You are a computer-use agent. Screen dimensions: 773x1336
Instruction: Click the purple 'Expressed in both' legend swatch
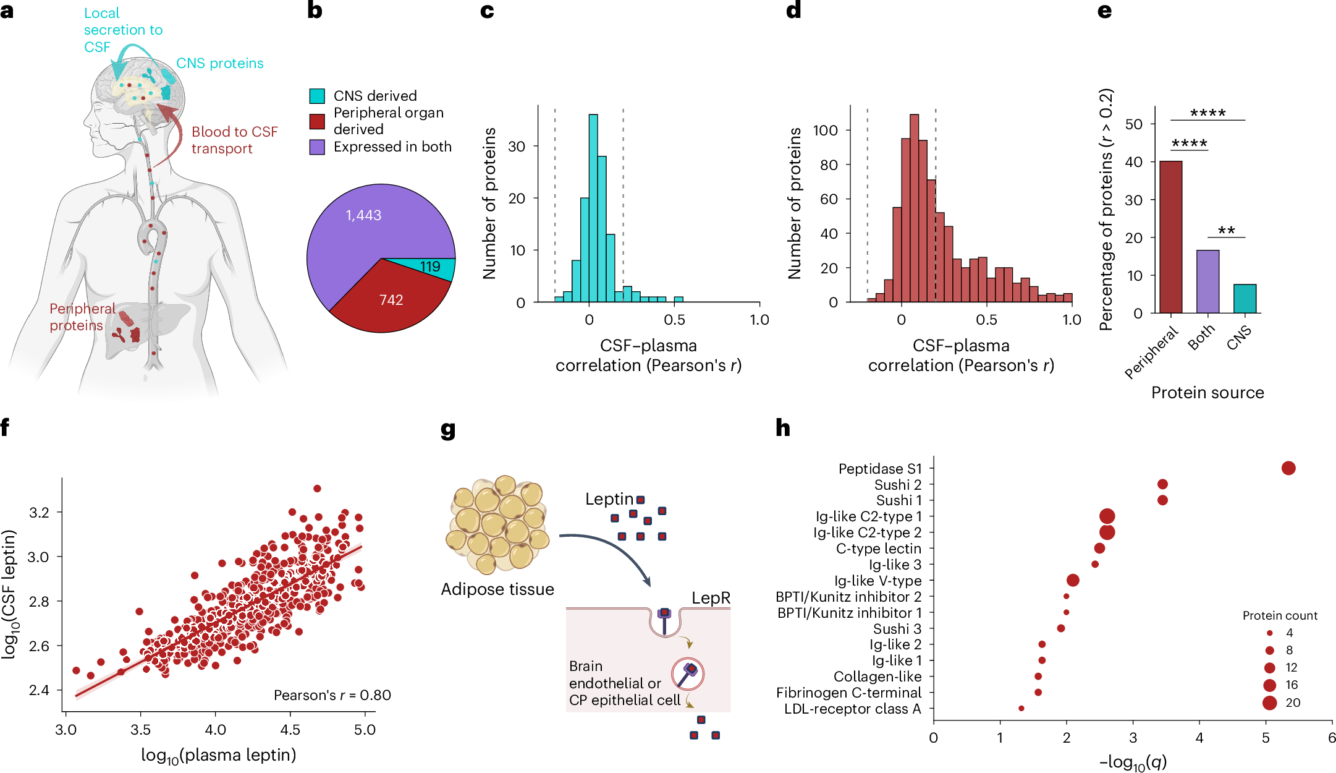(x=317, y=147)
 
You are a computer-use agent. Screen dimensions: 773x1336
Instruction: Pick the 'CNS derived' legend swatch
(x=317, y=96)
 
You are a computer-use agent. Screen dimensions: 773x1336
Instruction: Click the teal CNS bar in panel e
(x=1245, y=298)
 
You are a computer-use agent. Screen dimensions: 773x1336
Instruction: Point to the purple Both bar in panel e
(x=1207, y=281)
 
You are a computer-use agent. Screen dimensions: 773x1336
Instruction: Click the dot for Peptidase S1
(x=1288, y=468)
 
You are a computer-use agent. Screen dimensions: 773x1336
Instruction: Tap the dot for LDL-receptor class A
(x=1021, y=708)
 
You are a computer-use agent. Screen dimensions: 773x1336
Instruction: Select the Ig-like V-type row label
(x=877, y=581)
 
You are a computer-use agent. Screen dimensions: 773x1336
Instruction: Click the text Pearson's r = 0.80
(x=332, y=695)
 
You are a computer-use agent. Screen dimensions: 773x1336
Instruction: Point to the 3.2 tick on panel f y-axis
(x=39, y=512)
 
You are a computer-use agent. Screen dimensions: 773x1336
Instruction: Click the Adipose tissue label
(x=497, y=589)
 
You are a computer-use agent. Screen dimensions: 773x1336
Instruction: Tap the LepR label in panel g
(x=711, y=598)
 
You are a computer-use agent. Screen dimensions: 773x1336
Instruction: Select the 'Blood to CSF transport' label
(x=234, y=140)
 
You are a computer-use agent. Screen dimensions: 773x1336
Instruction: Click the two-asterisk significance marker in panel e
(x=1226, y=231)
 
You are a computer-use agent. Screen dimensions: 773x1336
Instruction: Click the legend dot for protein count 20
(x=1269, y=703)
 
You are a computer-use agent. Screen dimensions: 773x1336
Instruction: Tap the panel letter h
(x=783, y=428)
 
